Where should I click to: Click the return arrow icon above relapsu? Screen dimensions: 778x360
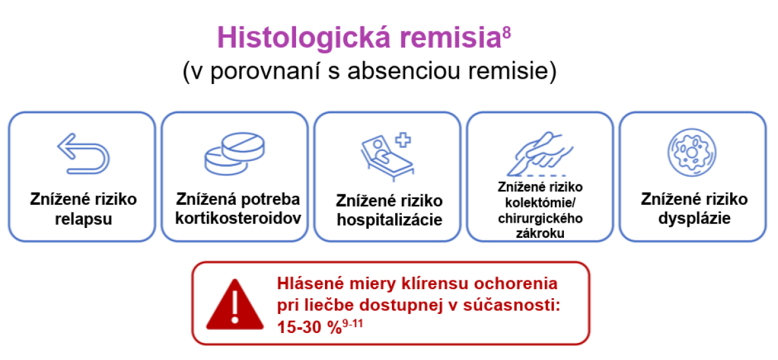coord(83,154)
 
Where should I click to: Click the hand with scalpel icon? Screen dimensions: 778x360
coord(542,153)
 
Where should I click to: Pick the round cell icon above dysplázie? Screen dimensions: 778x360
coord(693,154)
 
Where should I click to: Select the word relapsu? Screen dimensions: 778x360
coord(83,219)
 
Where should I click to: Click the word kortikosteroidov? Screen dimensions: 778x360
coord(239,219)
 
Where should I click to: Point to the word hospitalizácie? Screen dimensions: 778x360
coord(389,220)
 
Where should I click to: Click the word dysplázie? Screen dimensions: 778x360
coord(694,219)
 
